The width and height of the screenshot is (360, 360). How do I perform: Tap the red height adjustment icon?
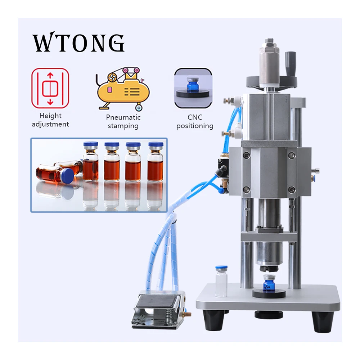[50, 88]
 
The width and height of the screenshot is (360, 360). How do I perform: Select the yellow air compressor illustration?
[122, 89]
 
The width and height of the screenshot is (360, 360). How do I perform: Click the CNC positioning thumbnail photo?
[193, 88]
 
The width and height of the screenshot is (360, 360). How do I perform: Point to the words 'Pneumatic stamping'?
[123, 121]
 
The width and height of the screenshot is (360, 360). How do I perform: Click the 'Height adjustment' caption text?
[50, 120]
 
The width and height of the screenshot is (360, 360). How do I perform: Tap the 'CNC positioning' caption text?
[195, 121]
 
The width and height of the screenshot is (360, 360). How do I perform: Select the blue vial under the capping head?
[269, 283]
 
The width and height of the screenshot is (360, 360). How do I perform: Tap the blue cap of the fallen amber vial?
[68, 176]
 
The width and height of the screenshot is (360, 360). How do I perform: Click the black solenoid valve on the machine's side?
[223, 170]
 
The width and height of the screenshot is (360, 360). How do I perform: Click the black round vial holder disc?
[269, 293]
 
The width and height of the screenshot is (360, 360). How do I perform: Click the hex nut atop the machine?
[270, 41]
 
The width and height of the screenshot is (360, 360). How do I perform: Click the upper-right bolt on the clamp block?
[292, 156]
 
